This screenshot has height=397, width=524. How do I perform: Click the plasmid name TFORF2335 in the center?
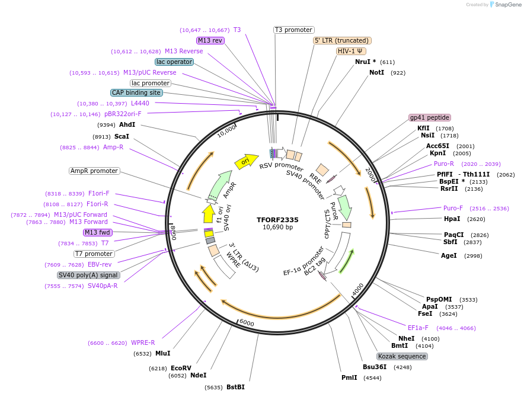pyautogui.click(x=277, y=219)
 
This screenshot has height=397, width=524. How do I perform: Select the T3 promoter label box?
pyautogui.click(x=294, y=30)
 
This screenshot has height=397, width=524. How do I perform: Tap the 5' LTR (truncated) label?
pyautogui.click(x=342, y=40)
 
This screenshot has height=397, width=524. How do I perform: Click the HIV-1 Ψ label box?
pyautogui.click(x=351, y=51)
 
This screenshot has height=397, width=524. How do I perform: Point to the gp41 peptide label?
pyautogui.click(x=430, y=117)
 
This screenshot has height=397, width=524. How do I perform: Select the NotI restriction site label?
pyautogui.click(x=377, y=72)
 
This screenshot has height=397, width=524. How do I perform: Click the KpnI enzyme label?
pyautogui.click(x=437, y=153)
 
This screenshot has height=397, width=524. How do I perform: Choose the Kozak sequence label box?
pyautogui.click(x=402, y=356)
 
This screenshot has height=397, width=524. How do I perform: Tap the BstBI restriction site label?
pyautogui.click(x=235, y=387)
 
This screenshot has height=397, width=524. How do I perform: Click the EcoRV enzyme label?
pyautogui.click(x=181, y=368)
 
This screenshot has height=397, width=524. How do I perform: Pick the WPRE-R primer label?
pyautogui.click(x=143, y=342)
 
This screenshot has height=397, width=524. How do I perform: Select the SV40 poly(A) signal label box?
pyautogui.click(x=88, y=275)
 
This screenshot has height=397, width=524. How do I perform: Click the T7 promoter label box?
pyautogui.click(x=94, y=254)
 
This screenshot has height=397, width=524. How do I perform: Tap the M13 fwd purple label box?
pyautogui.click(x=98, y=232)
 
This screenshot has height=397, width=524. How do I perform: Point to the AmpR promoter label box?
pyautogui.click(x=94, y=171)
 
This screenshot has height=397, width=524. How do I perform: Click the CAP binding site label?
pyautogui.click(x=136, y=92)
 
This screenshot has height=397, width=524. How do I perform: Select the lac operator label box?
pyautogui.click(x=174, y=62)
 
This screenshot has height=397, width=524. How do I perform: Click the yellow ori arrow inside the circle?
pyautogui.click(x=245, y=161)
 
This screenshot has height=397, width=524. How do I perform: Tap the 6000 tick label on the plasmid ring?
pyautogui.click(x=247, y=323)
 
